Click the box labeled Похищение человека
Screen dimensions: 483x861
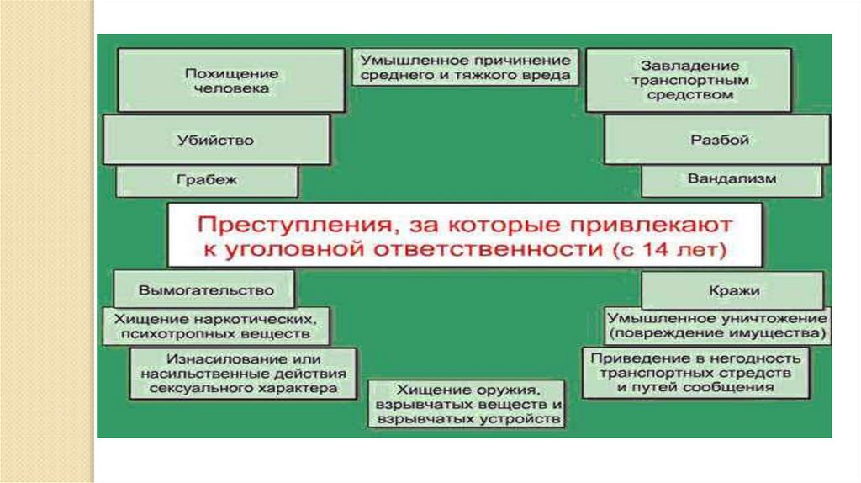(231, 80)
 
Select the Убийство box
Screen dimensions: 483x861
(216, 140)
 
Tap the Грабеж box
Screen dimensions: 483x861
(207, 180)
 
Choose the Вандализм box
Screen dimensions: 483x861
(732, 179)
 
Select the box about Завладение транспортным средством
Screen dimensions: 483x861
(689, 80)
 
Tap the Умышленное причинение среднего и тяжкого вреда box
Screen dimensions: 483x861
(465, 68)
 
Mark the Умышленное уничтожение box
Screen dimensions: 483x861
(717, 326)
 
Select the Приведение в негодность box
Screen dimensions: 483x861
(695, 372)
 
